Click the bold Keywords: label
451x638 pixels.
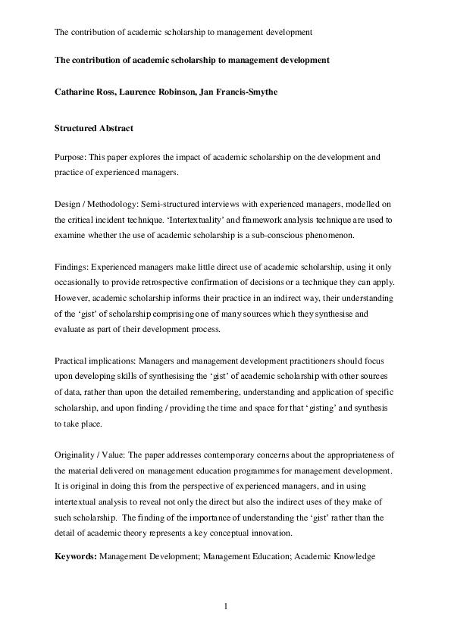pos(76,557)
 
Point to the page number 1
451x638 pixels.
pos(225,606)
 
